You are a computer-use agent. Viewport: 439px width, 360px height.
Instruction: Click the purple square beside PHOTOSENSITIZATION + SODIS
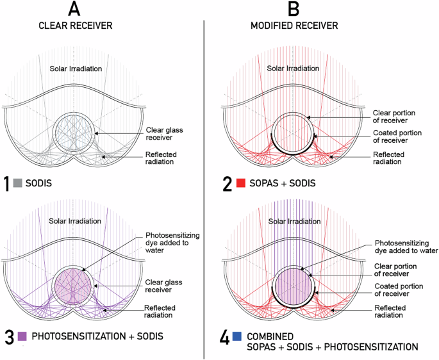(x=22, y=336)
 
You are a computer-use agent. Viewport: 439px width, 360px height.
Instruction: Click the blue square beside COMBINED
(x=238, y=336)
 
